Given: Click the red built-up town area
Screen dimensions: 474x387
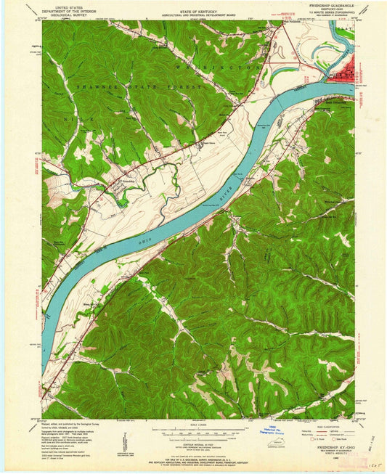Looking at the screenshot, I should pyautogui.click(x=341, y=72).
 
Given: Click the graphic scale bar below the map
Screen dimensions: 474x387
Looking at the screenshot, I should pyautogui.click(x=193, y=432).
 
